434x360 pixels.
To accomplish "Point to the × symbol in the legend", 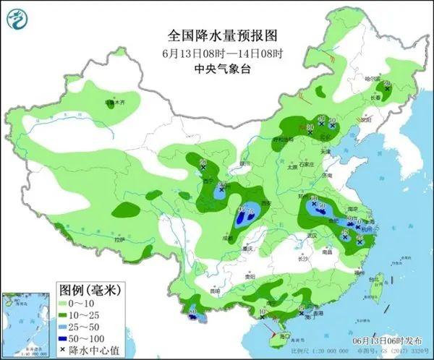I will coord(64,350).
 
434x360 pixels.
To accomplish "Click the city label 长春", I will coord(375,98).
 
